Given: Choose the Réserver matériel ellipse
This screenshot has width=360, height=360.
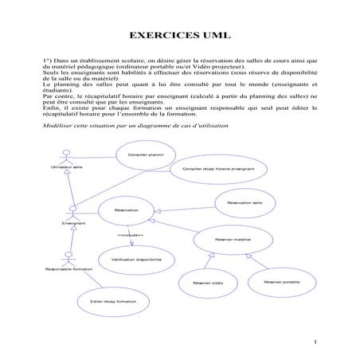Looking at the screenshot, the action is click(x=232, y=239).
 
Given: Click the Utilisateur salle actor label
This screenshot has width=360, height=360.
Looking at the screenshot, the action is click(x=66, y=167).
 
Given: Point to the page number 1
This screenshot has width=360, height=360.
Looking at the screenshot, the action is click(x=316, y=343).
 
